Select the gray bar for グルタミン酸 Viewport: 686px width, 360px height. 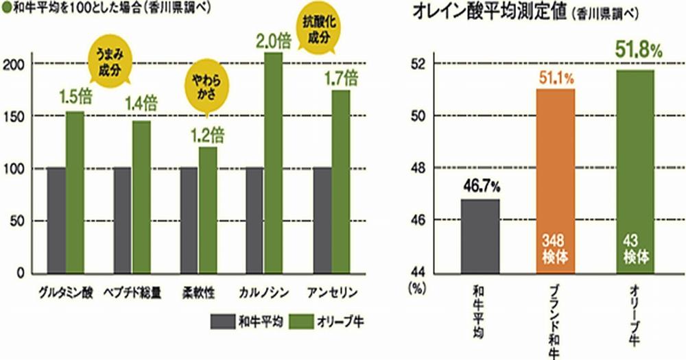pos(56,219)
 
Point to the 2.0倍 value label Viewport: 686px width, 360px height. pos(274,40)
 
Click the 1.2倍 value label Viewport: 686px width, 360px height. pos(206,132)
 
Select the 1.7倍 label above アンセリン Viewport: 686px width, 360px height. pos(340,75)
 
